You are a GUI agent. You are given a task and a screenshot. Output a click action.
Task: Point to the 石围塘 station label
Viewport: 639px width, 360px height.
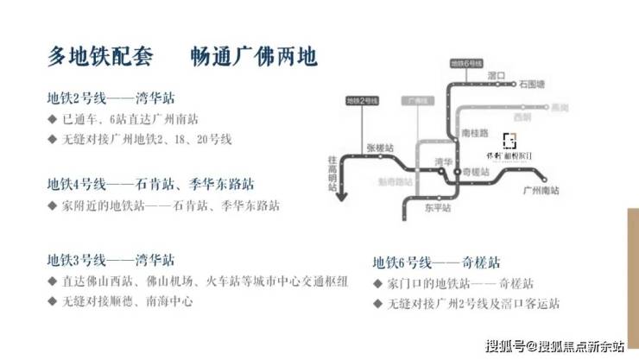533,85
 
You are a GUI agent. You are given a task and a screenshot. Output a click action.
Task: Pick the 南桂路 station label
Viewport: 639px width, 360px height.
476,133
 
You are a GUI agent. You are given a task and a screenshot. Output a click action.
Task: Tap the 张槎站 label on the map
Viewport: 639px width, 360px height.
380,148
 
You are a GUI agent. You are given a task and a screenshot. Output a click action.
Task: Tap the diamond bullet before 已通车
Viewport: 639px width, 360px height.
54,118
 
